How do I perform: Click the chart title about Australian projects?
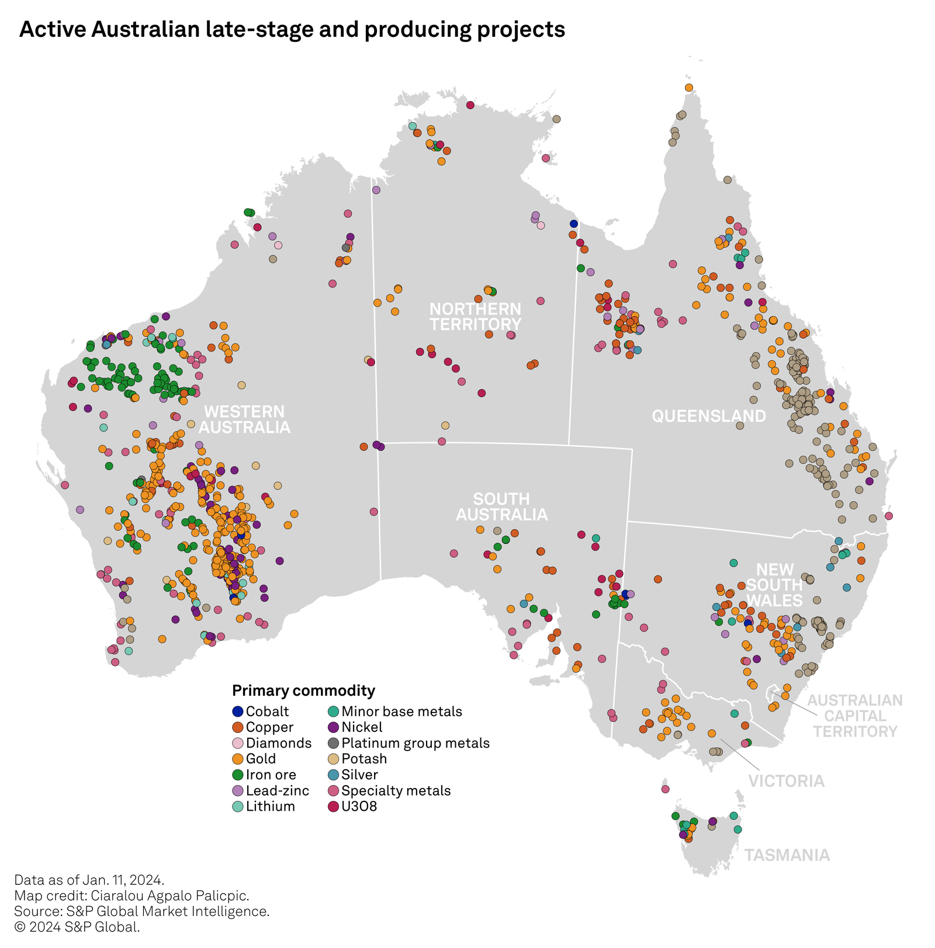[x=292, y=29]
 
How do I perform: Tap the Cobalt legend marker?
[x=237, y=711]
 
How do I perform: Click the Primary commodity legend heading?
[x=303, y=690]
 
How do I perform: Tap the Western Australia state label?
[x=244, y=419]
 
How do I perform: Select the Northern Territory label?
[x=475, y=316]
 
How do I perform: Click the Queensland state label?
[x=708, y=416]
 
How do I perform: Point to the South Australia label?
[x=501, y=506]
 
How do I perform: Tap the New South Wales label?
[x=775, y=585]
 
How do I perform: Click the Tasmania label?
[x=787, y=855]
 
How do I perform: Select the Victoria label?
[x=786, y=781]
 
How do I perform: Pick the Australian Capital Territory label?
[x=855, y=716]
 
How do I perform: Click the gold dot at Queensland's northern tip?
[x=689, y=88]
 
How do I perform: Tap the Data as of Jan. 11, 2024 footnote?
[x=89, y=880]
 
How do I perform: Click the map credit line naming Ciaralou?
[x=131, y=895]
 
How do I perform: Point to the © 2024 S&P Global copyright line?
[x=77, y=927]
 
